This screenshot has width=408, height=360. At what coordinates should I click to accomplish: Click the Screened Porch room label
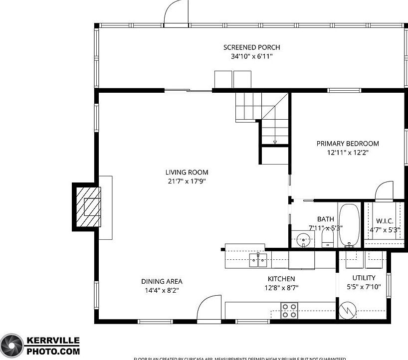point(251,47)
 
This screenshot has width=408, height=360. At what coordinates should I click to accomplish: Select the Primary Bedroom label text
point(348,144)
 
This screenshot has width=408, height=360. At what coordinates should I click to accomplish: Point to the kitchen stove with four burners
point(289,310)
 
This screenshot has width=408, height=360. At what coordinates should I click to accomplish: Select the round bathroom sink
point(303,240)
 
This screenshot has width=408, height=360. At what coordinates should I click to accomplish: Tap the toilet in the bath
point(327,238)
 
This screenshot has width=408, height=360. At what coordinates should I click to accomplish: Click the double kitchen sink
point(258,259)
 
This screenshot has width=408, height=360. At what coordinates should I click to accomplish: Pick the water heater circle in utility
point(347,311)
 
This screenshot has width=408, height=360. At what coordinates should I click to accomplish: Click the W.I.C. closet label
point(385,221)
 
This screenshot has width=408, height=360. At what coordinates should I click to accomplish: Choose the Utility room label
point(364,278)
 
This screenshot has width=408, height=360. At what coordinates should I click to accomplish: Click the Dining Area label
point(161,281)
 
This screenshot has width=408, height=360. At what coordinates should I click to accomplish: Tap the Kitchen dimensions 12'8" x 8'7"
point(281,288)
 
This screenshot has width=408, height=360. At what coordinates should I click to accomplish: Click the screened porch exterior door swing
point(176,13)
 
